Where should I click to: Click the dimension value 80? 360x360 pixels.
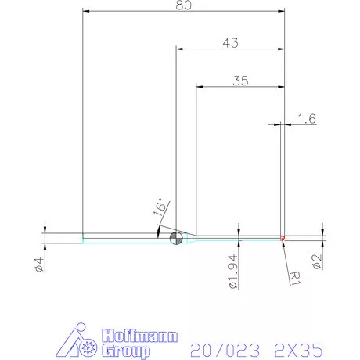tap(183, 5)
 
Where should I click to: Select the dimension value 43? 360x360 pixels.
tap(229, 42)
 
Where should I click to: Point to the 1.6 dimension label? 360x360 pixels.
tap(306, 119)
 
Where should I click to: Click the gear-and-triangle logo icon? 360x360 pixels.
tap(78, 340)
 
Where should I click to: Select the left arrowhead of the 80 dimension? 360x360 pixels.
tap(86, 11)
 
